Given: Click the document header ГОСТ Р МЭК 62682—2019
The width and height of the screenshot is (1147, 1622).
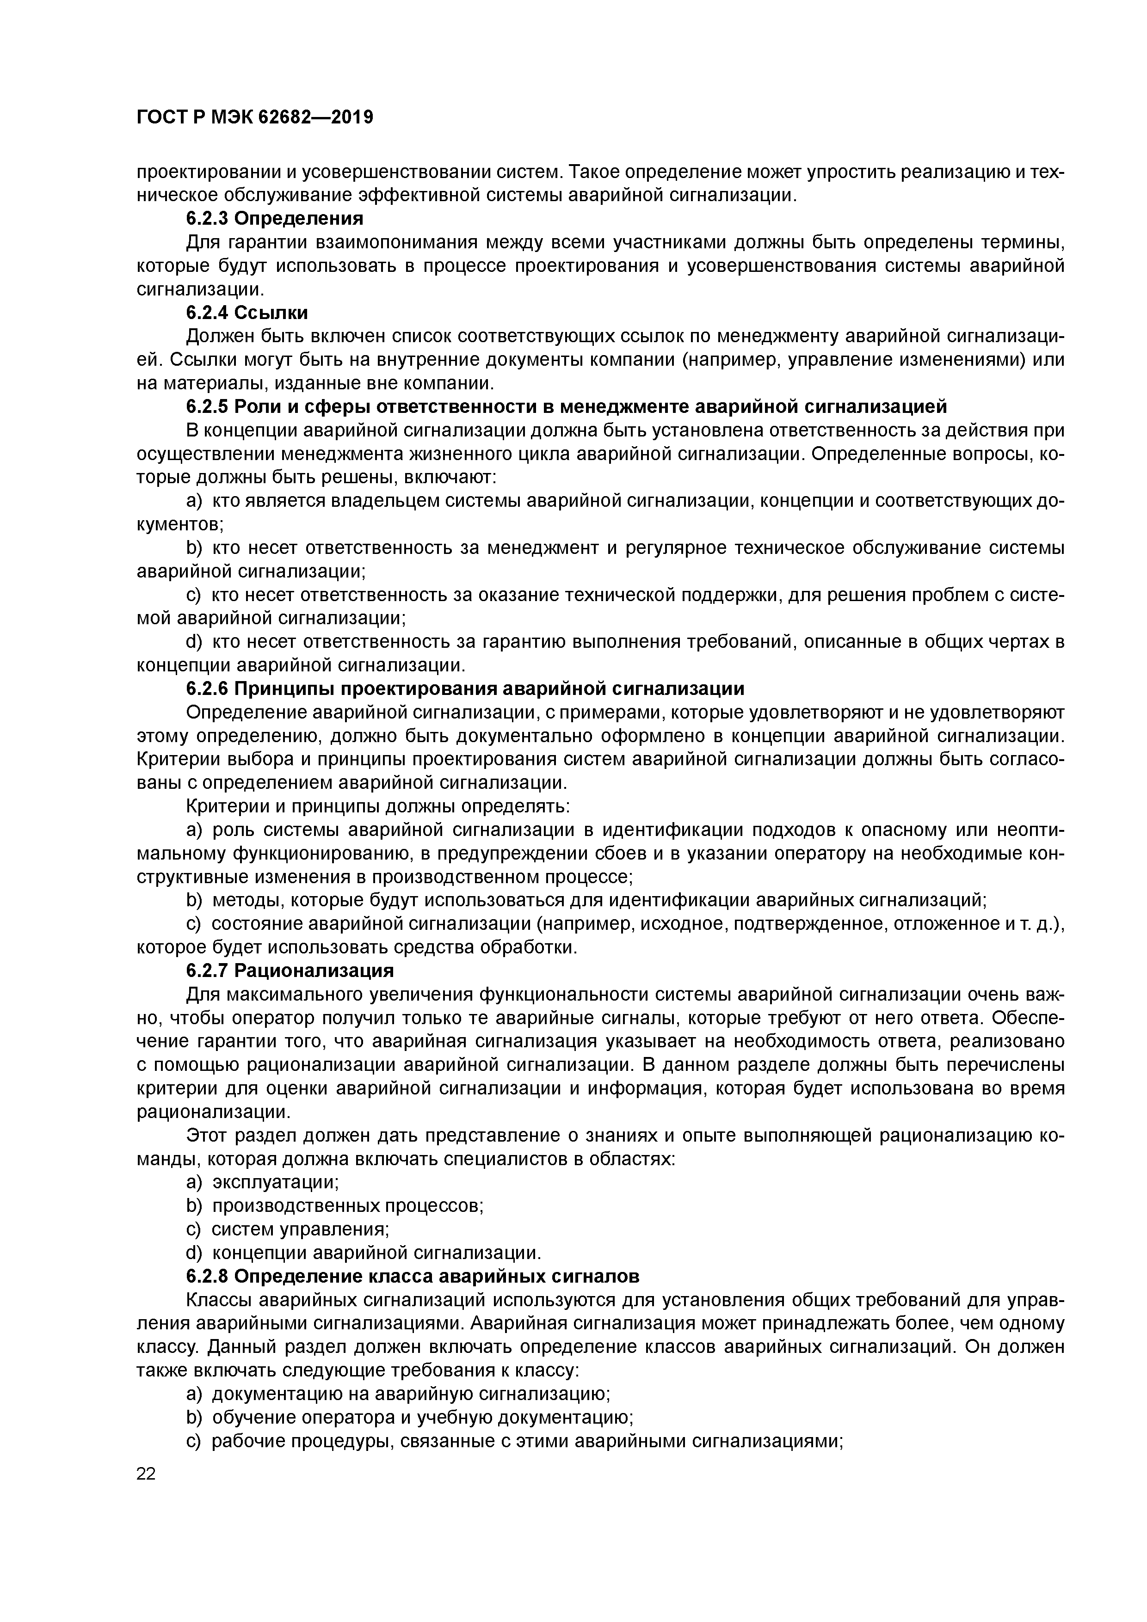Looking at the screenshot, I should (x=254, y=117).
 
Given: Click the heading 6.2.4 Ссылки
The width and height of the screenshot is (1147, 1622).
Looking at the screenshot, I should (x=247, y=312).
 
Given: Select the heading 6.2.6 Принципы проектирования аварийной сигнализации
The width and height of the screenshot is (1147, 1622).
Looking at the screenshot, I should (x=465, y=688).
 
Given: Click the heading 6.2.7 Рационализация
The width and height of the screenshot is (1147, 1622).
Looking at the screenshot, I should (x=290, y=970).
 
